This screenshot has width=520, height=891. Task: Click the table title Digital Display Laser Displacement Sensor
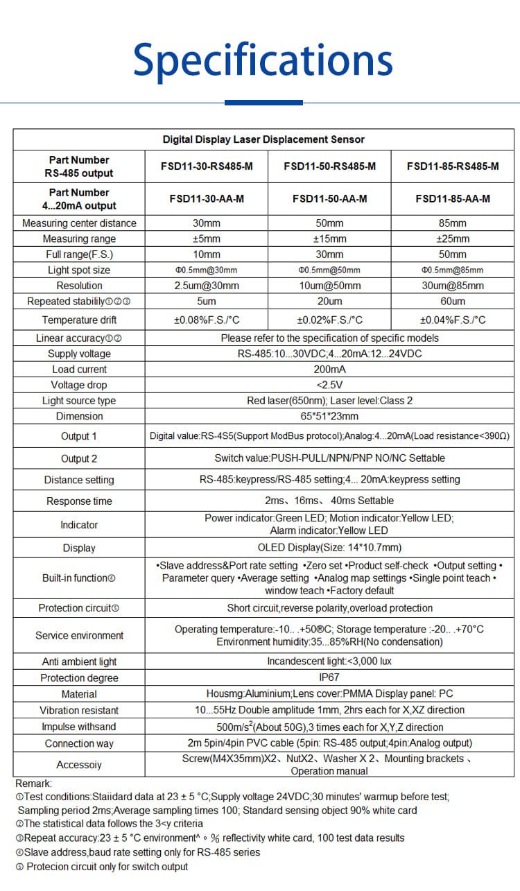263,139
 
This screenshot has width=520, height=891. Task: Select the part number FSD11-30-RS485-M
207,166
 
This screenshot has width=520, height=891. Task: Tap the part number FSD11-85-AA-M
453,198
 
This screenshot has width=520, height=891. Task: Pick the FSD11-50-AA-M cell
329,198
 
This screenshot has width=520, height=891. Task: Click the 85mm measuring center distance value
453,223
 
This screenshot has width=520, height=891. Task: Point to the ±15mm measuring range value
329,239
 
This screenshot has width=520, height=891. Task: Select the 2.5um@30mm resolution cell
207,286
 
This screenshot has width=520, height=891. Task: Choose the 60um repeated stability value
453,301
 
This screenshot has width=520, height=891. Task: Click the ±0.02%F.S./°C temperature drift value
329,320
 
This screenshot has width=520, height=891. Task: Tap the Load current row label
79,369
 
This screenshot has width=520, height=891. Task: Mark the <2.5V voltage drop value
329,385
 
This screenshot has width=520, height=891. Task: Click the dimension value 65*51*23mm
329,416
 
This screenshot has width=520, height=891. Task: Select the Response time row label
79,501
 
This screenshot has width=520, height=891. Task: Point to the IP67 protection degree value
329,677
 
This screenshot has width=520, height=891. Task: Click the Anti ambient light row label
79,661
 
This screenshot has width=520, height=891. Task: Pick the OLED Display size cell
329,547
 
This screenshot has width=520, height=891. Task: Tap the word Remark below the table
33,783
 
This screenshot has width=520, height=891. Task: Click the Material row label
79,693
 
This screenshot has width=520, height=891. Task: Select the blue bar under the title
263,103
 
